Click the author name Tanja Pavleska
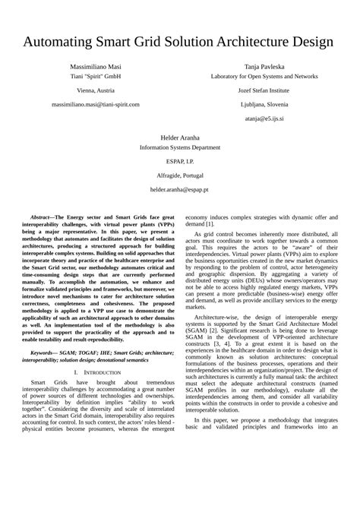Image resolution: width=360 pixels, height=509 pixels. point(264,67)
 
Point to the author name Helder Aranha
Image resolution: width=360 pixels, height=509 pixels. point(179,137)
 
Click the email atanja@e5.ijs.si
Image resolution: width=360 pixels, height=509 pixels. point(264,118)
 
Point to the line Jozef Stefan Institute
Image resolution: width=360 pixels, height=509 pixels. point(264,90)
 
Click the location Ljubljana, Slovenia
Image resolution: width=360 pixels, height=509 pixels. point(264,104)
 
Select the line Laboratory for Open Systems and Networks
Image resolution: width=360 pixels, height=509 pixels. point(264,77)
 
